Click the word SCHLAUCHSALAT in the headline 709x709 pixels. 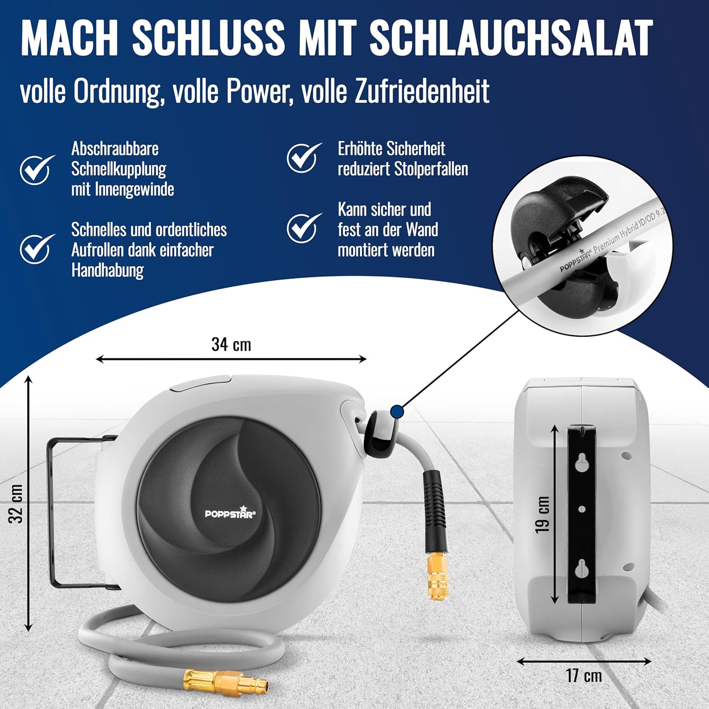pos(511,38)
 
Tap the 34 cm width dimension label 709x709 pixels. pos(231,344)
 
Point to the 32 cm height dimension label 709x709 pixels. pos(16,503)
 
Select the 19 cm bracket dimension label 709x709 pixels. pos(543,515)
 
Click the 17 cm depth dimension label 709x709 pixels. pos(584,675)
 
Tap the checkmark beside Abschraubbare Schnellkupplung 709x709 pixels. pos(37,169)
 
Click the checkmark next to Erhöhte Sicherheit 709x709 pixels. pos(304,158)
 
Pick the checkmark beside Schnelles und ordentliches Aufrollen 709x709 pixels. pos(37,248)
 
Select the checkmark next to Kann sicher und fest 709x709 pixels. pos(304,228)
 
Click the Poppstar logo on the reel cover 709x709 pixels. pos(230,513)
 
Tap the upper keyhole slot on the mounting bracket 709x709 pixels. pos(582,464)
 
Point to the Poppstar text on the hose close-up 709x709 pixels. pos(575,261)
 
